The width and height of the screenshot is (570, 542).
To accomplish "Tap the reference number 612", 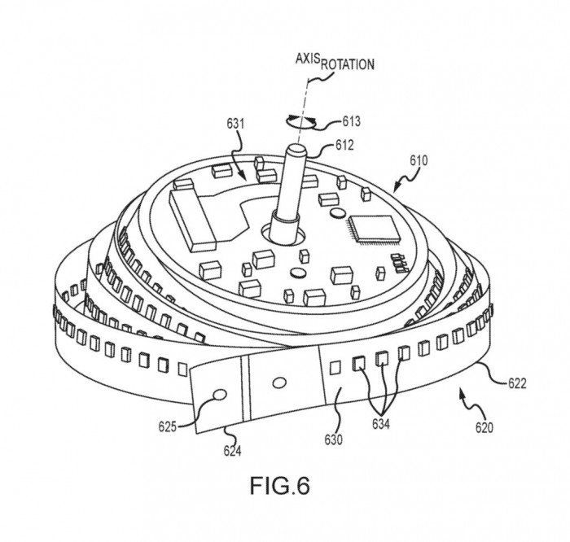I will click(x=346, y=146).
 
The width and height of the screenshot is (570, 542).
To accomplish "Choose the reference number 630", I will click(x=335, y=440).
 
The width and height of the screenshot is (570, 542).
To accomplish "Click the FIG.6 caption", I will click(x=279, y=486).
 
